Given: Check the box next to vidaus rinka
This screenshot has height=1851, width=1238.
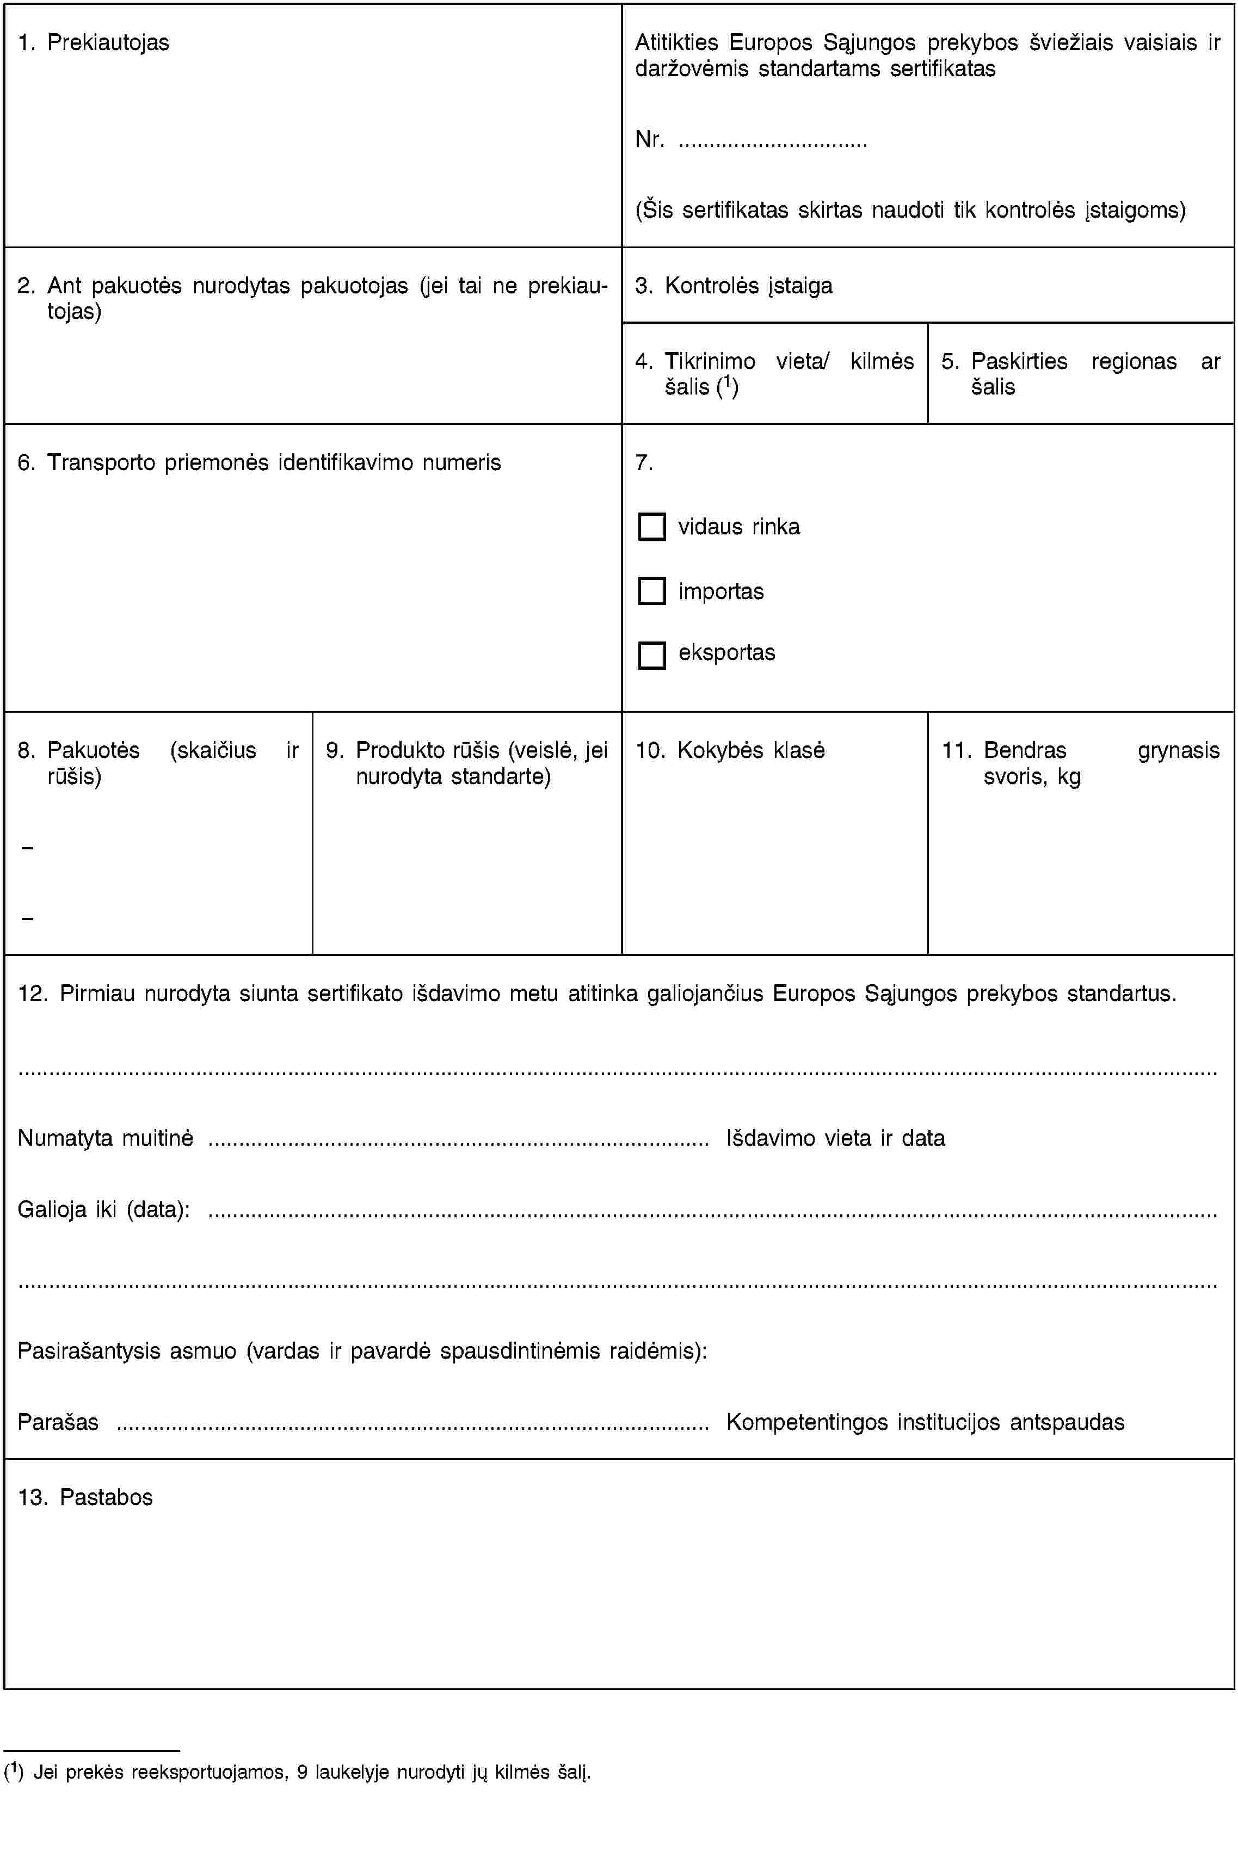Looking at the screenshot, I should [x=651, y=527].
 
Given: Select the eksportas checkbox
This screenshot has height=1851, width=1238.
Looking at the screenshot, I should [x=651, y=655].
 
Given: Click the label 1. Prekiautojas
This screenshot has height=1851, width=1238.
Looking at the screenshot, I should [x=93, y=42].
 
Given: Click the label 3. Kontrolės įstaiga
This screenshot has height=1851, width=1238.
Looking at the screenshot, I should [x=734, y=286].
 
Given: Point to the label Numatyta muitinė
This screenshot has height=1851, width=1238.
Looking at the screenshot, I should [x=106, y=1138].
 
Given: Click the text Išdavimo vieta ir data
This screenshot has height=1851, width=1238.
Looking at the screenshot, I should [x=835, y=1138].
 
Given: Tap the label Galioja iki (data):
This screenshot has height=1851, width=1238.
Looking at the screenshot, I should [x=103, y=1210].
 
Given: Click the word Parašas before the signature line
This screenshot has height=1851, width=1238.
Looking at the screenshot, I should [x=58, y=1422].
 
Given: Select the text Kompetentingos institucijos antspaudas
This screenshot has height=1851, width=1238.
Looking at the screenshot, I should [x=925, y=1422].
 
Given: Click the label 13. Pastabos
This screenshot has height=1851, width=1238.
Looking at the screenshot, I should [x=85, y=1497].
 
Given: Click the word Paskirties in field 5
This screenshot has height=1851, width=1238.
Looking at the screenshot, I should [x=1019, y=361].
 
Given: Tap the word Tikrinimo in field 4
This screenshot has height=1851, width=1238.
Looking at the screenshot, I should [x=710, y=361].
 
